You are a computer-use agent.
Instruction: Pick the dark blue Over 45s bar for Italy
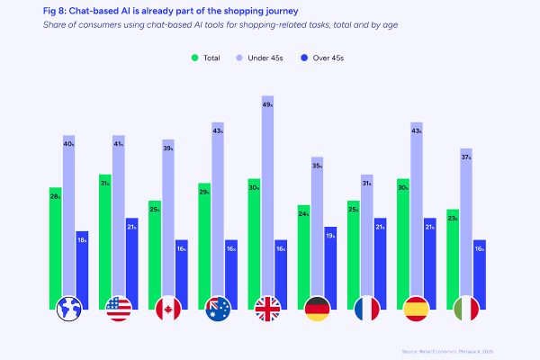pos(479,270)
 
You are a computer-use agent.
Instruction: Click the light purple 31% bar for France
pos(366,234)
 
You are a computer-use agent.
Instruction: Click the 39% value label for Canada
pos(168,146)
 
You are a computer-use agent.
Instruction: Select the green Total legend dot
pos(195,58)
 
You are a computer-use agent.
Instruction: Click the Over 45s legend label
pos(327,58)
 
